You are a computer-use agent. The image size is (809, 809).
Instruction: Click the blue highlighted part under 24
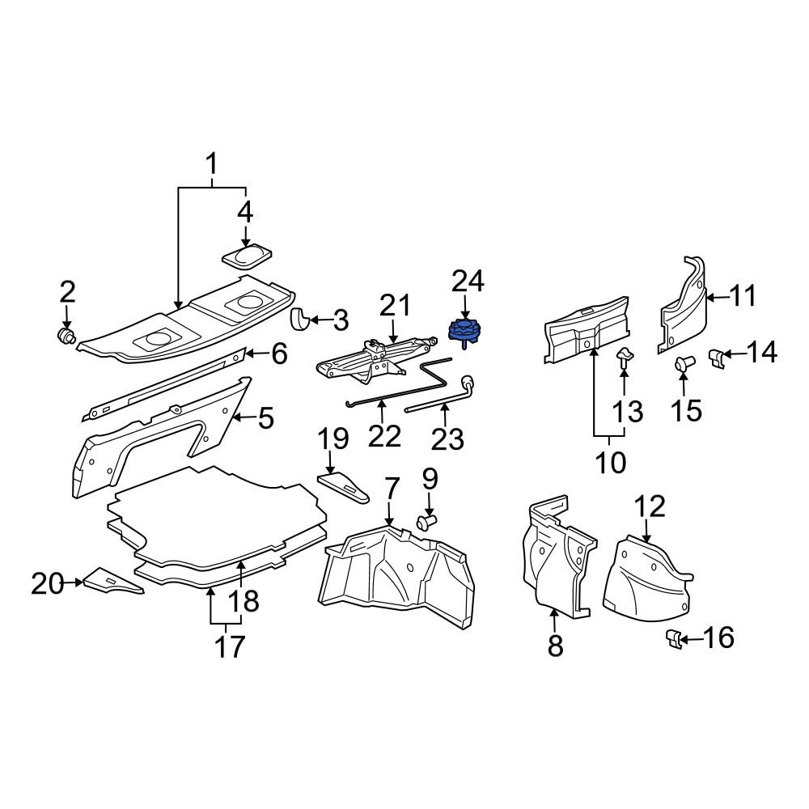tap(464, 330)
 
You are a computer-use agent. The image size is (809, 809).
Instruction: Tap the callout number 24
tap(468, 282)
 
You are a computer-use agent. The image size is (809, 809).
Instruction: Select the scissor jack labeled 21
tap(376, 358)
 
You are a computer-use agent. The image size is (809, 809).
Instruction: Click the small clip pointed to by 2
tap(65, 336)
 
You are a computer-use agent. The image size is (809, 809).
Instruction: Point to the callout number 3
tap(341, 320)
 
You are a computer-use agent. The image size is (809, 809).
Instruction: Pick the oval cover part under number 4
tap(247, 256)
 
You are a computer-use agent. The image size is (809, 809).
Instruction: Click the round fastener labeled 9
tap(426, 522)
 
